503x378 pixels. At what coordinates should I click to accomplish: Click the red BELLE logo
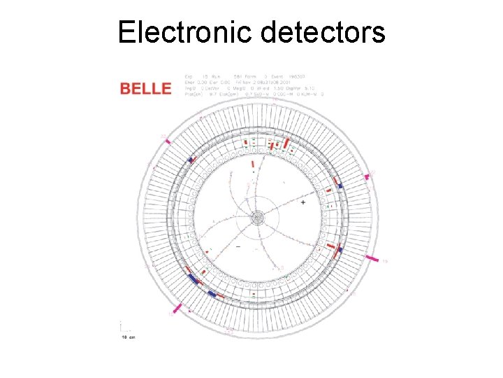(145, 88)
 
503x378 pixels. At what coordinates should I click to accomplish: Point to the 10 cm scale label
(128, 337)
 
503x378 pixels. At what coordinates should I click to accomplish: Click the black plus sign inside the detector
(302, 202)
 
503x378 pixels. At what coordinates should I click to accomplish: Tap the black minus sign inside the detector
(240, 247)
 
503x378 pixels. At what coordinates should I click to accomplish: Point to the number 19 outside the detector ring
(385, 261)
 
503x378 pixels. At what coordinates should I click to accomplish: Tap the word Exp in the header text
(188, 76)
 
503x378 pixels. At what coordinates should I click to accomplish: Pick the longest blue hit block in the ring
(192, 278)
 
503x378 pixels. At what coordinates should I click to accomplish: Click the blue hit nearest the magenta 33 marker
(189, 160)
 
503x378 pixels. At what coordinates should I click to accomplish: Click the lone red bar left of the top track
(253, 163)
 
